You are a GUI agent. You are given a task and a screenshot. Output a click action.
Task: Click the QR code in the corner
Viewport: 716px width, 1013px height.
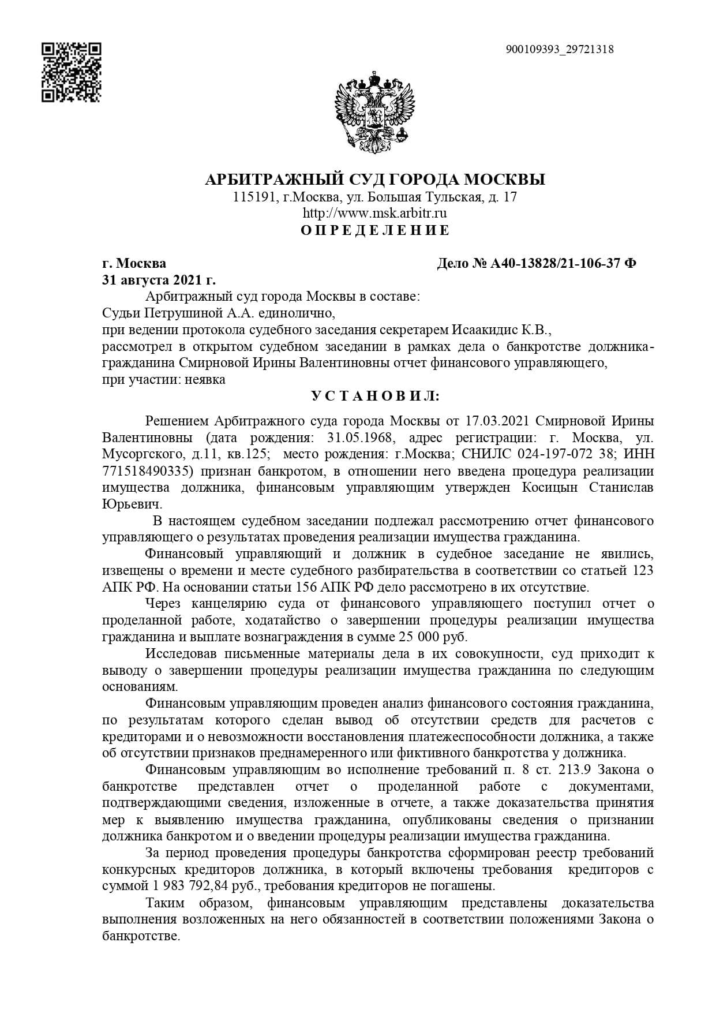[x=72, y=72]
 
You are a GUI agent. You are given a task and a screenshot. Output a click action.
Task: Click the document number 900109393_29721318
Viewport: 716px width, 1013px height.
[x=559, y=50]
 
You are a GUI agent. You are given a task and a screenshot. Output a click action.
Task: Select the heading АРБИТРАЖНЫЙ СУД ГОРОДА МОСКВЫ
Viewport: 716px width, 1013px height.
[x=375, y=180]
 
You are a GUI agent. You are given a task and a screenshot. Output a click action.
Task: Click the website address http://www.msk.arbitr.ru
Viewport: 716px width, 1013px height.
[x=375, y=213]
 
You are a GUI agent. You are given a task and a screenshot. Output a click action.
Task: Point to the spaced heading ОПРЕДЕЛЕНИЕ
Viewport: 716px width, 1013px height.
[x=375, y=230]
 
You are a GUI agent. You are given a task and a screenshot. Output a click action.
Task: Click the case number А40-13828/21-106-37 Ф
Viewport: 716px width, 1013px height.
[x=563, y=264]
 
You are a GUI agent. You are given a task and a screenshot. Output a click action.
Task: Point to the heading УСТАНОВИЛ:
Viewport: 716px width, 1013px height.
[x=375, y=397]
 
